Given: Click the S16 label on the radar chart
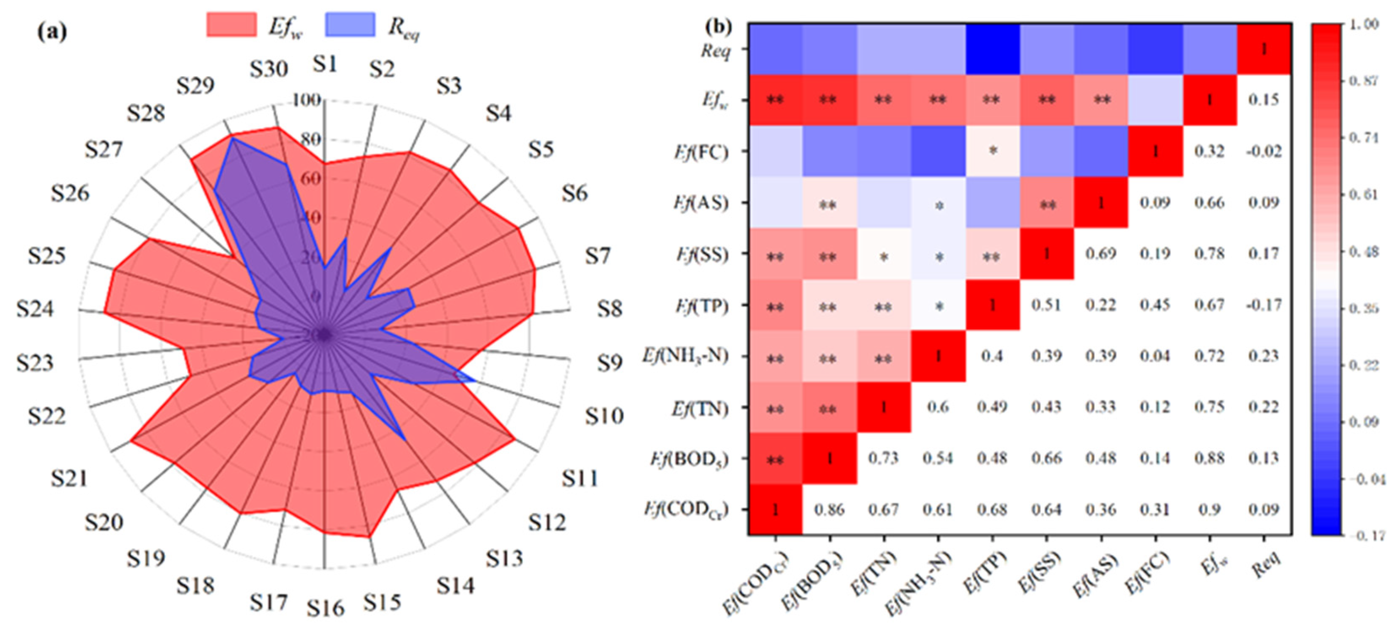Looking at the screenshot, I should [x=325, y=608].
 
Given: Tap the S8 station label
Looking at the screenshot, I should [x=610, y=309].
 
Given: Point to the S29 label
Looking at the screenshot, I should [x=195, y=86].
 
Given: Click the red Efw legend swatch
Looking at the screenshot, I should [x=232, y=25].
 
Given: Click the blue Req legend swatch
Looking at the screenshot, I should [x=350, y=25].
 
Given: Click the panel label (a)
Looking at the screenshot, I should [x=52, y=33].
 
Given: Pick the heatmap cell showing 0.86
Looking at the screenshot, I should [x=829, y=510].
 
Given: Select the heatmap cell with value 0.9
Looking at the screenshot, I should [x=1209, y=510].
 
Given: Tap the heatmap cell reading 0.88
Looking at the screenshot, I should [x=1209, y=459].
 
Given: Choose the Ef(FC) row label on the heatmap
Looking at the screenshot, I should [x=701, y=152].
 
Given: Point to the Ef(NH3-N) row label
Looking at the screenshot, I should [x=685, y=357].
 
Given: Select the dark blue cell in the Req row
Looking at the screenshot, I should [x=993, y=49].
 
